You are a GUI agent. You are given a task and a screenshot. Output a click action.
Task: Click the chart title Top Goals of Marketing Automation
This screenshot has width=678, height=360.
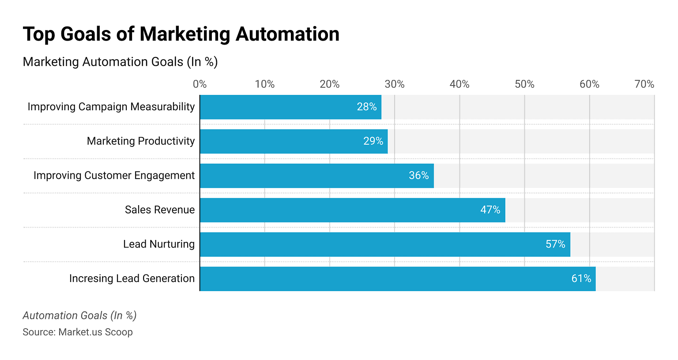[181, 34]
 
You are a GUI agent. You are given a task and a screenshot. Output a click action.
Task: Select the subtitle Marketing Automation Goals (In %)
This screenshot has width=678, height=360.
[120, 62]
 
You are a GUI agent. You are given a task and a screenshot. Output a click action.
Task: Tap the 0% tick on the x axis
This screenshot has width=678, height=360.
[200, 84]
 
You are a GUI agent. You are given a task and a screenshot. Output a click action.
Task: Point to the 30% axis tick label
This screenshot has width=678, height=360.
[394, 84]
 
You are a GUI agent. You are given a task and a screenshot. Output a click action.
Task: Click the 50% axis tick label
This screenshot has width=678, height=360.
[524, 84]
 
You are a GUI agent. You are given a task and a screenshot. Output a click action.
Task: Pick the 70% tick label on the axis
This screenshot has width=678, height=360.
[644, 84]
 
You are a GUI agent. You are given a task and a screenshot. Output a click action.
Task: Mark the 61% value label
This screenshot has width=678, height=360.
[581, 279]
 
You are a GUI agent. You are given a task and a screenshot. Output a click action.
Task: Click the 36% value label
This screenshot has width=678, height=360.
[418, 176]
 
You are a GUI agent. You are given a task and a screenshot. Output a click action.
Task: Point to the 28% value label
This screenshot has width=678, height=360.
[366, 107]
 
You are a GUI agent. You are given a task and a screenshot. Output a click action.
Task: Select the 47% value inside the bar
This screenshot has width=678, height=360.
[490, 210]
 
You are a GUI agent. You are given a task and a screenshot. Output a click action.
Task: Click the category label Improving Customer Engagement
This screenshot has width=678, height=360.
[114, 176]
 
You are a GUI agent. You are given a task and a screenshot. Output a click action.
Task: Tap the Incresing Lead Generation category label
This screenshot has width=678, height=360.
[132, 279]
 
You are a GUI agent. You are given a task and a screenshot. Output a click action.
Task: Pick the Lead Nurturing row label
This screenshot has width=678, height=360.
[158, 244]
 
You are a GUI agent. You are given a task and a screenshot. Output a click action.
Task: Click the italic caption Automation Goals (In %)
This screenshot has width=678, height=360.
[79, 315]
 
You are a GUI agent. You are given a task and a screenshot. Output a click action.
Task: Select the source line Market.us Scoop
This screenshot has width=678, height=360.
[78, 332]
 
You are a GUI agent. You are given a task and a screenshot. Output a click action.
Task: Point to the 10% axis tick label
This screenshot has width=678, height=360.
[264, 84]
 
